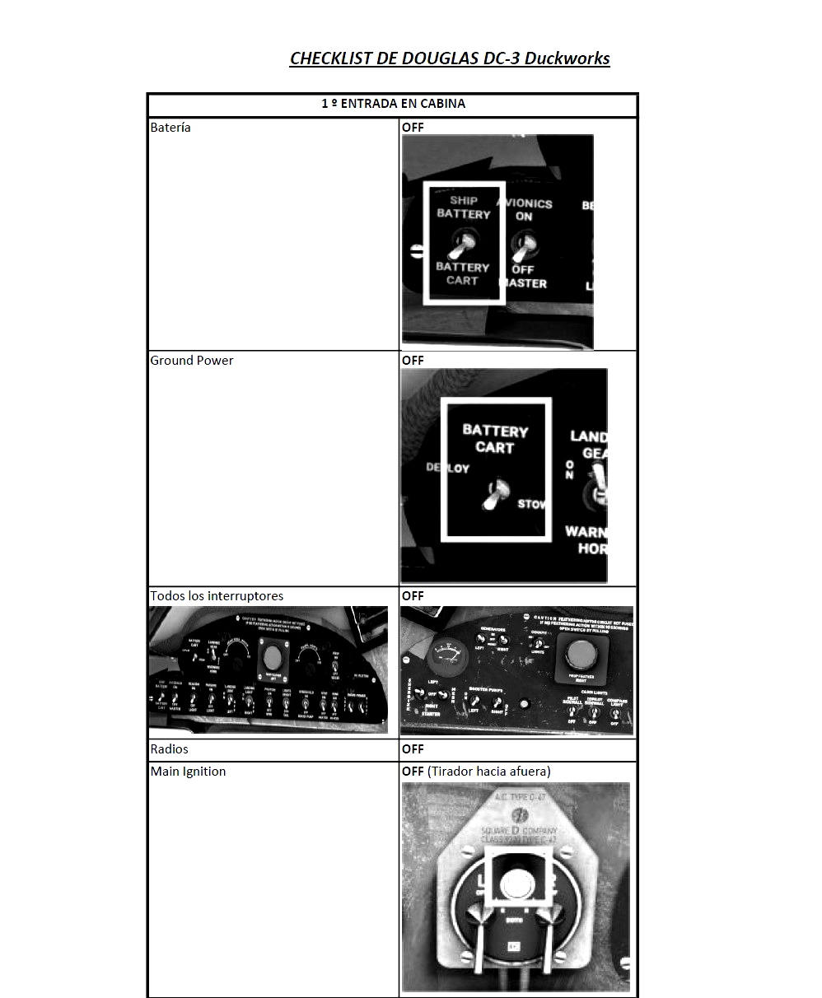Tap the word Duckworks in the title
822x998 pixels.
(x=567, y=58)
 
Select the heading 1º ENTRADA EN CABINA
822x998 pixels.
(x=393, y=104)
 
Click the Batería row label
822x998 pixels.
(x=170, y=128)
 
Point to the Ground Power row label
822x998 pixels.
(x=192, y=361)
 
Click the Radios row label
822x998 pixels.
(x=170, y=749)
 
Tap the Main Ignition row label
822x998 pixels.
(x=188, y=772)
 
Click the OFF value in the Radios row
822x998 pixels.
(x=413, y=749)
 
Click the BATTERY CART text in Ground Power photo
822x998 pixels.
(x=495, y=439)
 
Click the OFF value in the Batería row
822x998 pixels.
(x=413, y=128)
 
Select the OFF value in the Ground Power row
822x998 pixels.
(x=413, y=361)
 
